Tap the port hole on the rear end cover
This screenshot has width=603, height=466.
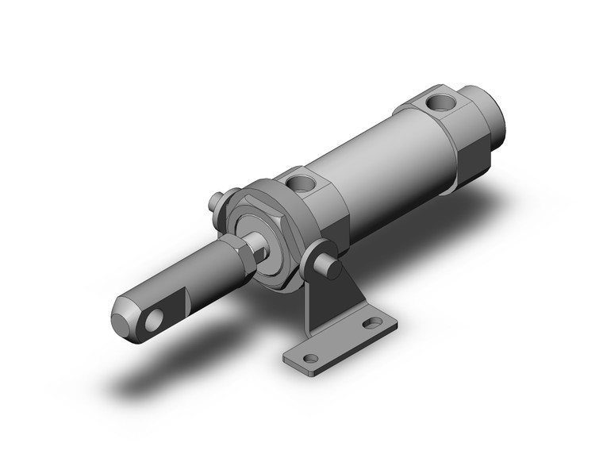(435, 102)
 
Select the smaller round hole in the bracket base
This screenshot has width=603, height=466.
(310, 359)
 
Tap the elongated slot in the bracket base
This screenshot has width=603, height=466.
(371, 322)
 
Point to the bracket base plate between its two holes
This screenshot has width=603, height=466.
(341, 341)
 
